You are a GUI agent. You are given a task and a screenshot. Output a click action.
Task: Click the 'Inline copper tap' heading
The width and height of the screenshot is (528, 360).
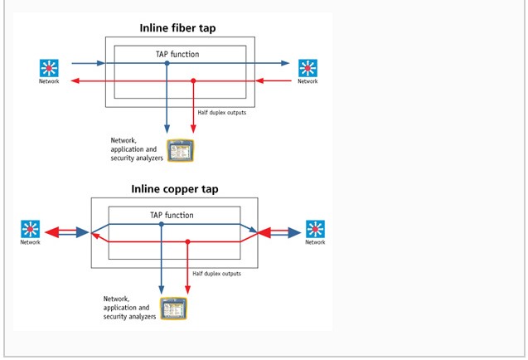pyautogui.click(x=174, y=189)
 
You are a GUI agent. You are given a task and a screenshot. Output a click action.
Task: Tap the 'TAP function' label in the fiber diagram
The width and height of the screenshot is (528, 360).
pyautogui.click(x=175, y=54)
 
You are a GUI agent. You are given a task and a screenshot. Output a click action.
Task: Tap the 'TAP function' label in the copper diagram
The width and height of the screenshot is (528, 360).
pyautogui.click(x=172, y=215)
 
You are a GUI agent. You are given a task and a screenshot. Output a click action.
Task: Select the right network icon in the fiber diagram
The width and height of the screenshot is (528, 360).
pyautogui.click(x=308, y=67)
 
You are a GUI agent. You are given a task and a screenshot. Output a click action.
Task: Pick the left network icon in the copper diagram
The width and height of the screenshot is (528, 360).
pyautogui.click(x=31, y=229)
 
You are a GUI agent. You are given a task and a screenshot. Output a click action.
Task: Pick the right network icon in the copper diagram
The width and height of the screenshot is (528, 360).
pyautogui.click(x=315, y=229)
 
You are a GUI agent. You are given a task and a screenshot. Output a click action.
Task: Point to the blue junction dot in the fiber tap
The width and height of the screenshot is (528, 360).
pyautogui.click(x=167, y=62)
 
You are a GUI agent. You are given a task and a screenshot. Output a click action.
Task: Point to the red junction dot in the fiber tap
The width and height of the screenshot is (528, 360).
pyautogui.click(x=193, y=80)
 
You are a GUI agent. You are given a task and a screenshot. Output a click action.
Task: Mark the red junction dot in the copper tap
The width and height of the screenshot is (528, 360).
pyautogui.click(x=188, y=241)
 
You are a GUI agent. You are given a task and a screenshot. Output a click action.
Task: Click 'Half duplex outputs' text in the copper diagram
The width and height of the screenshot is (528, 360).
pyautogui.click(x=217, y=273)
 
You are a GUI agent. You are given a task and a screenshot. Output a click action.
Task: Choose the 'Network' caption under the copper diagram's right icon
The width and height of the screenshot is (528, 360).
pyautogui.click(x=315, y=242)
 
